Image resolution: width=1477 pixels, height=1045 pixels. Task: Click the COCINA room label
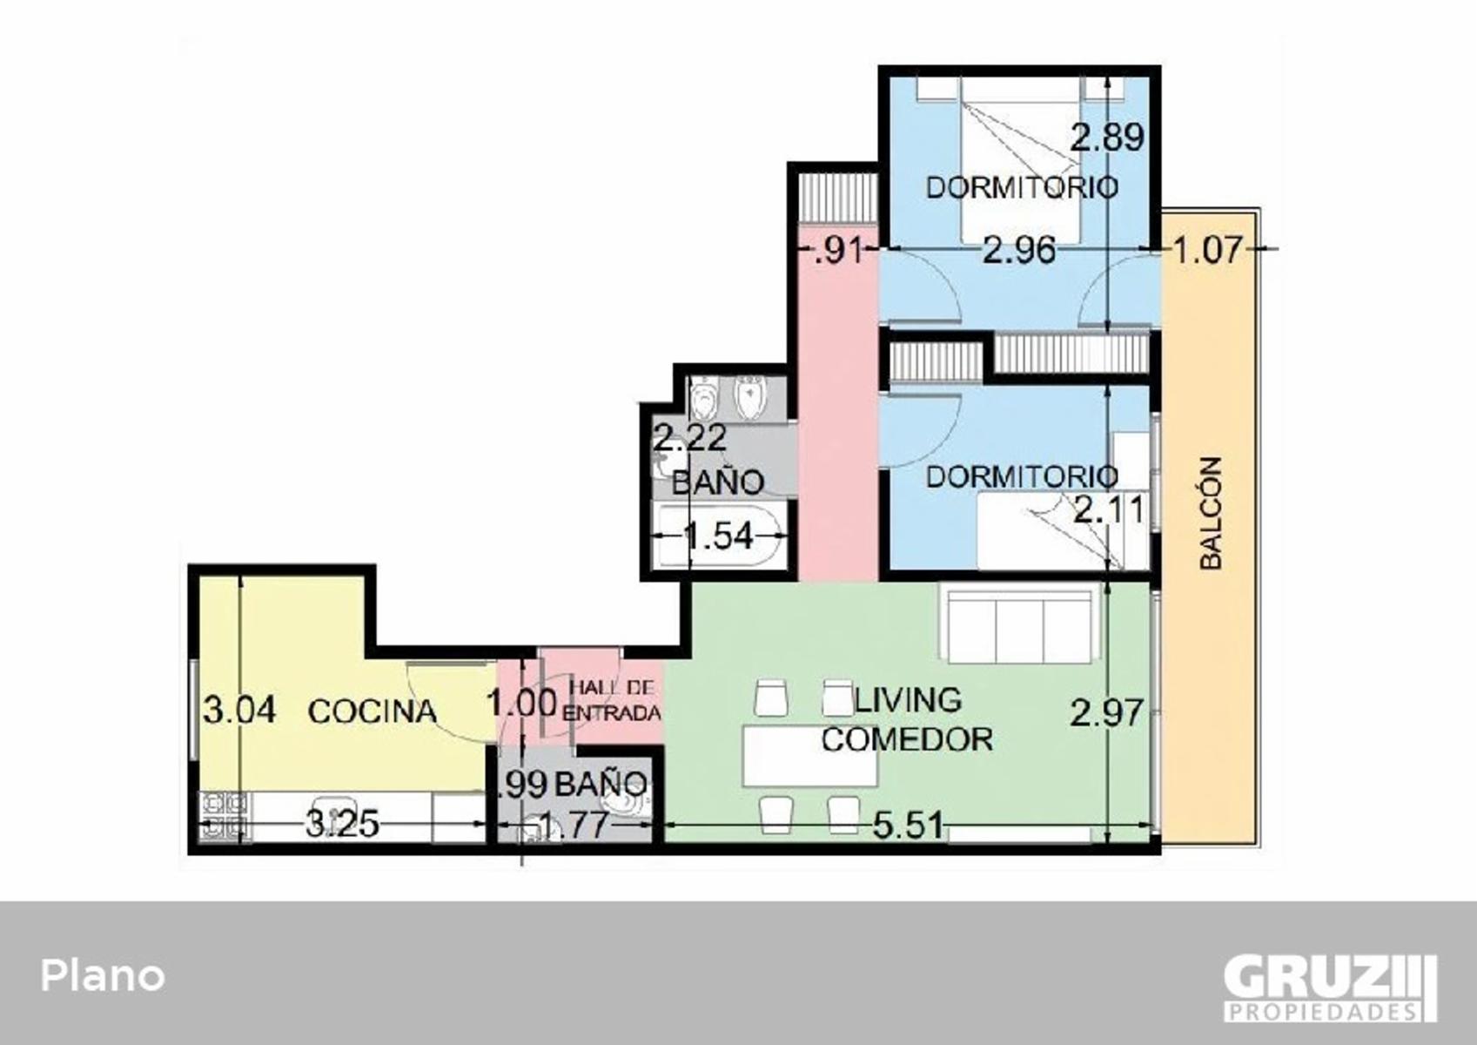[x=373, y=711]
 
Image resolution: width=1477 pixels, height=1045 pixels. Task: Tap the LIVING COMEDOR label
[x=907, y=720]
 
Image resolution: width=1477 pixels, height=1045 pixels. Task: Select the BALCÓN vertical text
[x=1211, y=513]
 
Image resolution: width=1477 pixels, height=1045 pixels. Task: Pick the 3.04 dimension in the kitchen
[x=239, y=711]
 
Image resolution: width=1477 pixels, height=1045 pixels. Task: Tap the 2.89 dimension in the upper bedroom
[x=1107, y=138]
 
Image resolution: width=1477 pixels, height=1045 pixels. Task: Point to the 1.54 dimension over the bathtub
[x=719, y=536]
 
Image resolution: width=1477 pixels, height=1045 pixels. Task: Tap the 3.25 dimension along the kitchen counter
[x=342, y=824]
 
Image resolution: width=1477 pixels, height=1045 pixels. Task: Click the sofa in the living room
[x=1020, y=626]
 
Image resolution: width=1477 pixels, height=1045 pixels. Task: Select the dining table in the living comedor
[x=809, y=756]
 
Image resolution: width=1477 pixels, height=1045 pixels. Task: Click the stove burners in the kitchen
[x=225, y=816]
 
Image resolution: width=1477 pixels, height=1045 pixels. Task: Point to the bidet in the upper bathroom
[x=750, y=397]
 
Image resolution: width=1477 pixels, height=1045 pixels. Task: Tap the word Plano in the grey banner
[x=102, y=975]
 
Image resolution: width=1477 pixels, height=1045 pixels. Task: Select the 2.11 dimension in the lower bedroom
[x=1109, y=510]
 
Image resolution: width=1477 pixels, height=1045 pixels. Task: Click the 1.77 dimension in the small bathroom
[x=573, y=826]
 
